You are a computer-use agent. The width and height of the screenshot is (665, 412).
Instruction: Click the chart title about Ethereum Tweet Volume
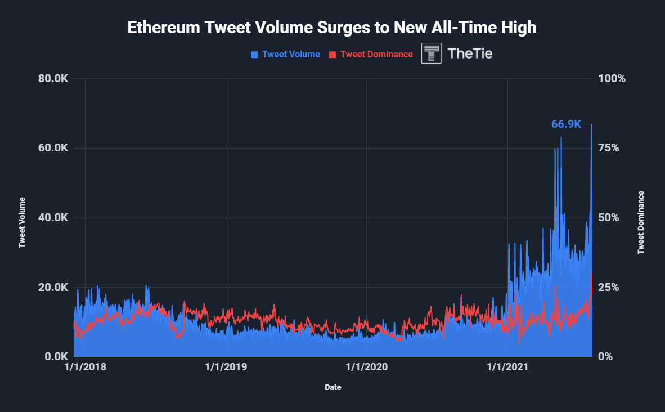tap(332, 28)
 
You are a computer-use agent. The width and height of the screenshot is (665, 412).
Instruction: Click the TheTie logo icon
tap(432, 53)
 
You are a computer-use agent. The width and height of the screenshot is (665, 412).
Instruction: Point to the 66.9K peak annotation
tap(566, 124)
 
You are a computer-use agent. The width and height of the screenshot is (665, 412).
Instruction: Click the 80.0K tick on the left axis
tap(53, 79)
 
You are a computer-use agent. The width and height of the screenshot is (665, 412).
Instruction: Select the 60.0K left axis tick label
tap(53, 148)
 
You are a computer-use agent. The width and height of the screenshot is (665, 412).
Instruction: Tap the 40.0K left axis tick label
tap(53, 218)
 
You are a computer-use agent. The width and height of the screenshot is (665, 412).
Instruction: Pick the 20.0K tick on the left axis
tap(53, 287)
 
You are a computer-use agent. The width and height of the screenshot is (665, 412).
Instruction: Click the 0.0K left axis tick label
tap(56, 357)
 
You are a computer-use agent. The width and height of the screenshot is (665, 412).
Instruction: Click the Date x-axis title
tap(332, 387)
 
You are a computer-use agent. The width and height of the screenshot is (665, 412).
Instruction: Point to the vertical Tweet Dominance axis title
tap(641, 222)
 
